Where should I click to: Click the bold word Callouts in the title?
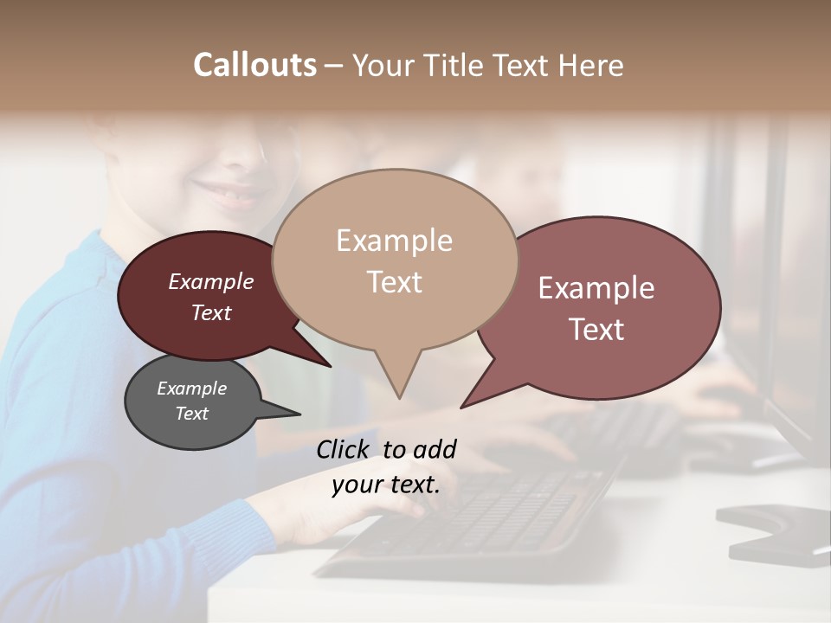coord(254,65)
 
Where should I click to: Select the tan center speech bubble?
coord(395,260)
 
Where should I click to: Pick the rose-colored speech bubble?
coord(606,307)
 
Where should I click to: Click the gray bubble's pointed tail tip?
coord(300,414)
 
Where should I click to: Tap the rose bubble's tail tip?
coord(462,407)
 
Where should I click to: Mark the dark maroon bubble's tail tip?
coord(330,365)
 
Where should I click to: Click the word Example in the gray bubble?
coord(191,389)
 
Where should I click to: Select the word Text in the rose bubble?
coord(597,330)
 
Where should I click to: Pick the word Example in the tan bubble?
coord(394,241)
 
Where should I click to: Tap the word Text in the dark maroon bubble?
coord(210,313)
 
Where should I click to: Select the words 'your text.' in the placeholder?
coord(385,485)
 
